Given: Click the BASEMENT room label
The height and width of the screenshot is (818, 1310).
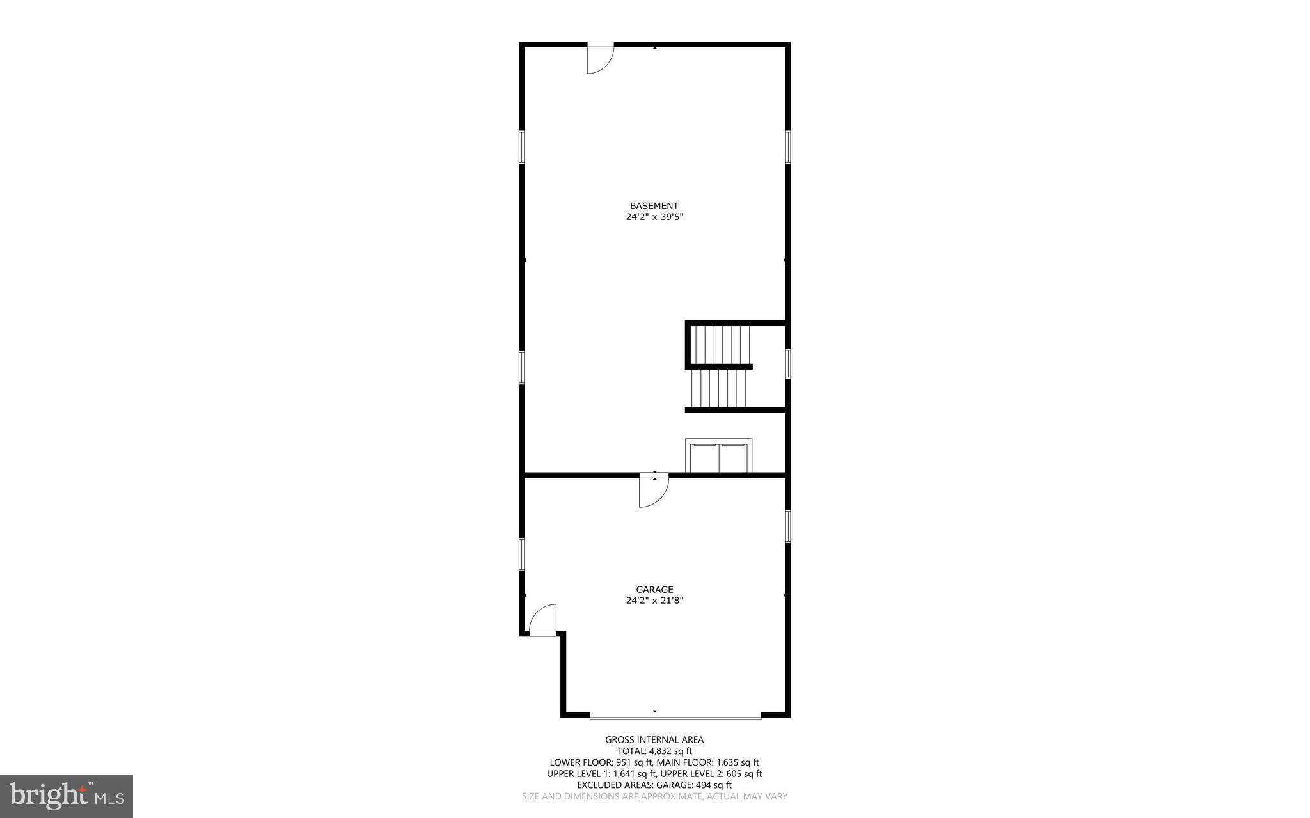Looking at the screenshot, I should pyautogui.click(x=654, y=206).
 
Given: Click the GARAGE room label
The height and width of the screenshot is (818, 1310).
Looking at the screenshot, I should pyautogui.click(x=654, y=590).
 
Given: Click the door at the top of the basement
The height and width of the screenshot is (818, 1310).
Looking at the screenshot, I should pyautogui.click(x=599, y=58).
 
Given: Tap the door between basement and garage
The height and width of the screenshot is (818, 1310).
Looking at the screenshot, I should pyautogui.click(x=653, y=489).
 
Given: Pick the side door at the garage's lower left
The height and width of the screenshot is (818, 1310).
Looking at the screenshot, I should pyautogui.click(x=543, y=620).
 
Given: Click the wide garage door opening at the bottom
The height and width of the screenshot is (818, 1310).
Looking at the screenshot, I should pyautogui.click(x=675, y=716).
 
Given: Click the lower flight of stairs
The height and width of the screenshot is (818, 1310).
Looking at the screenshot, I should pyautogui.click(x=719, y=388).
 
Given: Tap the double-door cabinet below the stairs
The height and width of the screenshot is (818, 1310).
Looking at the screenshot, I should pyautogui.click(x=718, y=457).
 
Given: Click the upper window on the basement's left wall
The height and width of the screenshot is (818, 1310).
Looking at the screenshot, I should pyautogui.click(x=522, y=147).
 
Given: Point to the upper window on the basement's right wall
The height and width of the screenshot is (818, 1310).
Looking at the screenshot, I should pyautogui.click(x=788, y=147).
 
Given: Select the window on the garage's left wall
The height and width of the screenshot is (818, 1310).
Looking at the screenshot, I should pyautogui.click(x=522, y=554).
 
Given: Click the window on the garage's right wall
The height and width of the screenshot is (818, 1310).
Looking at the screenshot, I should pyautogui.click(x=788, y=526).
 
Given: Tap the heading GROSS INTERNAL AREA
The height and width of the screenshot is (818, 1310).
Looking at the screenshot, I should pyautogui.click(x=654, y=740).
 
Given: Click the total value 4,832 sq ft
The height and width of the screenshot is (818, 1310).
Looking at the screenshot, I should pyautogui.click(x=670, y=751).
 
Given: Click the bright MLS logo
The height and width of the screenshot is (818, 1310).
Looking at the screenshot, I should pyautogui.click(x=67, y=796).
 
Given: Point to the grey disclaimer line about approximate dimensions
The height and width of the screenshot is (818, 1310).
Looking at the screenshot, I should pyautogui.click(x=654, y=796).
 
